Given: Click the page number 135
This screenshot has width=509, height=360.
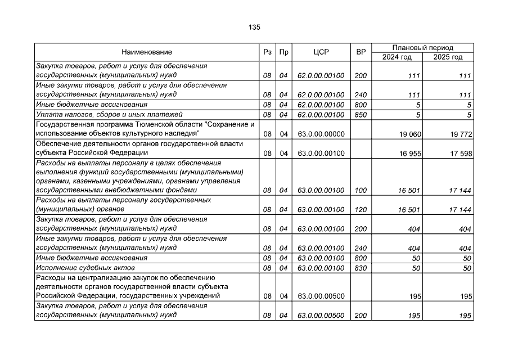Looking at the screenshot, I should [x=254, y=27].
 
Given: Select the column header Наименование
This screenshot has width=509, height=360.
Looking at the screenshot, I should [x=147, y=52].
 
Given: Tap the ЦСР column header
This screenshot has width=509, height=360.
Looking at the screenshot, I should [x=321, y=52].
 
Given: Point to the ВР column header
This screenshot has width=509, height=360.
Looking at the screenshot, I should [x=361, y=52].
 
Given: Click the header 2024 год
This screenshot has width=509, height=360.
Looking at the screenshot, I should [x=397, y=57].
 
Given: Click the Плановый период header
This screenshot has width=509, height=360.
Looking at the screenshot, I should [x=422, y=48].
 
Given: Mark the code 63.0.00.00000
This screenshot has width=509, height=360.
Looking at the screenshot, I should [x=321, y=134].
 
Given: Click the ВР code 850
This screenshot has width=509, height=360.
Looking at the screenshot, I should [x=361, y=115].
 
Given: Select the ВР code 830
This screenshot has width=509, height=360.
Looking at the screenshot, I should [x=361, y=268].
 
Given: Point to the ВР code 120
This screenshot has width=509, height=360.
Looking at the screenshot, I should [x=361, y=210].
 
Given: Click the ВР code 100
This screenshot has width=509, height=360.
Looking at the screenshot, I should [x=361, y=191].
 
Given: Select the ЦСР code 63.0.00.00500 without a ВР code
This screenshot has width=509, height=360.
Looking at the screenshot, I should [x=321, y=296].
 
